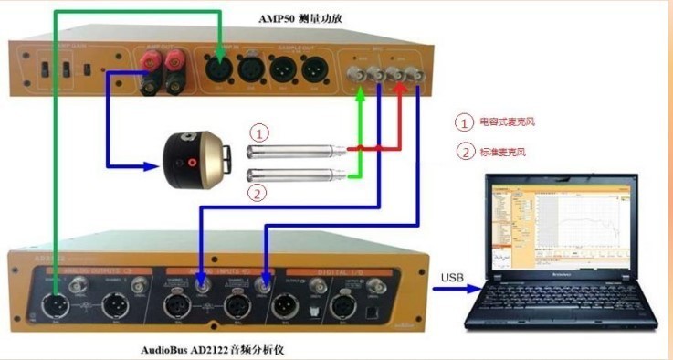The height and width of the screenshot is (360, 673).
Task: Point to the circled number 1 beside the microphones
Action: tap(260, 133)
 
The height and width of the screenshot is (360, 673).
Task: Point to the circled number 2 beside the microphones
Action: tap(260, 192)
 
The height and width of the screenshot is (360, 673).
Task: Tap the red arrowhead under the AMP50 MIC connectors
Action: tap(398, 89)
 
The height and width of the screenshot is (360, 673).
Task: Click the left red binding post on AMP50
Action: tap(151, 64)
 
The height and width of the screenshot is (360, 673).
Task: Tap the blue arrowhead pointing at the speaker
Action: tap(155, 166)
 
